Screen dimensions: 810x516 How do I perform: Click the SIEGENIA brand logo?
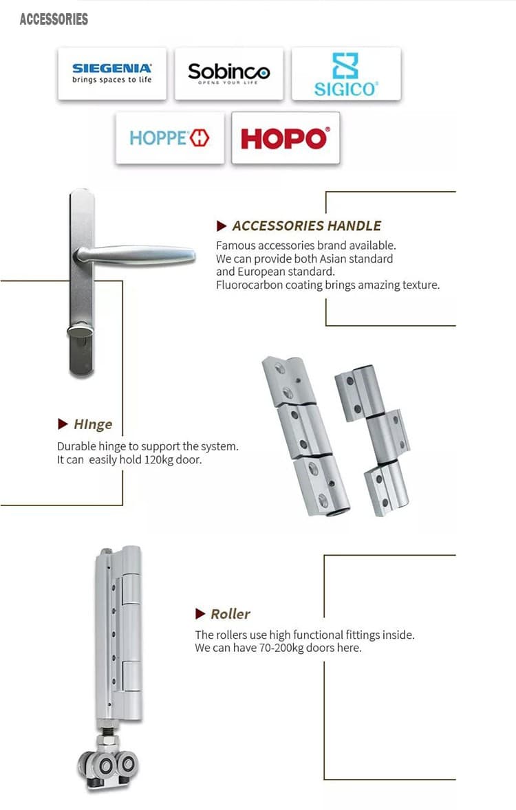[111, 73]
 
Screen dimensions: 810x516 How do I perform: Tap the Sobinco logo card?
[228, 72]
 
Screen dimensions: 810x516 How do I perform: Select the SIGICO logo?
[345, 74]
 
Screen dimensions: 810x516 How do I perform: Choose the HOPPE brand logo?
[169, 138]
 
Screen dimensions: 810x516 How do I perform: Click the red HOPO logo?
[285, 138]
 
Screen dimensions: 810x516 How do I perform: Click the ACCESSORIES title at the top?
[54, 19]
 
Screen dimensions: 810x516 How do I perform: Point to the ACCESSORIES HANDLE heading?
[306, 226]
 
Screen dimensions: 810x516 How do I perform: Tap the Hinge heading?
[92, 424]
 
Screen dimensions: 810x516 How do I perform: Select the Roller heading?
[230, 614]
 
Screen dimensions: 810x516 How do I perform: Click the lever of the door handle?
[138, 254]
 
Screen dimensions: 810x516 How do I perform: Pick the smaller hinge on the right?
[373, 441]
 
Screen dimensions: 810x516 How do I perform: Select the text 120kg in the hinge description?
[160, 460]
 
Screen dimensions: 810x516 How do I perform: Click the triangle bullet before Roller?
[200, 614]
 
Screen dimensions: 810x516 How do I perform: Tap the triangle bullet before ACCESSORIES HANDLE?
[222, 226]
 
